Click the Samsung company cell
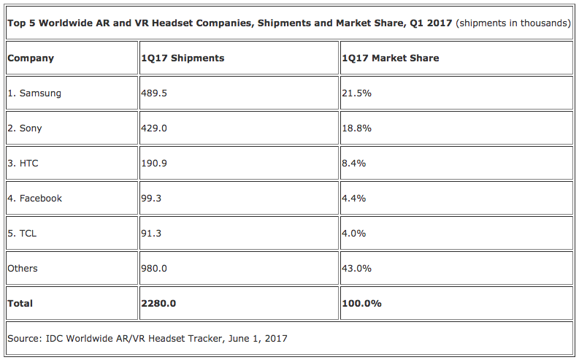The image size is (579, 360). (34, 93)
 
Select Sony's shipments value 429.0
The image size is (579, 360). (155, 129)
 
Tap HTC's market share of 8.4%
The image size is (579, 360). (353, 164)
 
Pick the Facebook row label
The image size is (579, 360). (34, 199)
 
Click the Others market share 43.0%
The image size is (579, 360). (356, 269)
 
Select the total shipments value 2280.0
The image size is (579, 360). (158, 304)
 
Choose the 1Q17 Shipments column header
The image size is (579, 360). (183, 58)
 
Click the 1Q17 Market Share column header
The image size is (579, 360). (391, 58)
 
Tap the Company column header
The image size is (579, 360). (31, 58)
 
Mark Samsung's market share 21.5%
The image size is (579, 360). (356, 93)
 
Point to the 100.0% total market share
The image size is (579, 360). (361, 304)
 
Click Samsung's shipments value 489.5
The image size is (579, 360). (155, 93)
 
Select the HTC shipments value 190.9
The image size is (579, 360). (155, 164)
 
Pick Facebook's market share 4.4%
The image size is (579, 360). (353, 199)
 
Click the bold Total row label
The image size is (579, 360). (20, 304)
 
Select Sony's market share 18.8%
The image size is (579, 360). (356, 129)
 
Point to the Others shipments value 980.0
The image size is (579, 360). (155, 269)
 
